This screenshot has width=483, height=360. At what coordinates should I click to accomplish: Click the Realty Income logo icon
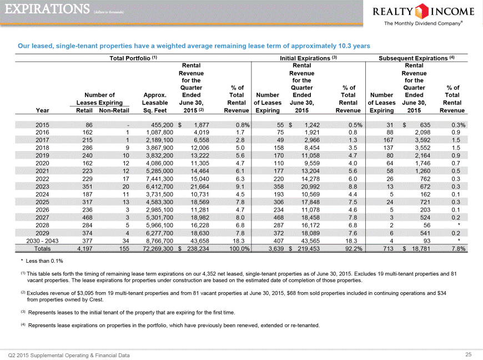click(422, 12)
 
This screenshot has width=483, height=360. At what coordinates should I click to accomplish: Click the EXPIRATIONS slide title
click(47, 9)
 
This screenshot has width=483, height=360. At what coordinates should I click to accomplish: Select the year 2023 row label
click(42, 187)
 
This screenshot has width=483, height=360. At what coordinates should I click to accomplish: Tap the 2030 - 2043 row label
click(42, 241)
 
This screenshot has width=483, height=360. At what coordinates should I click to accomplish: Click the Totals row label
click(42, 249)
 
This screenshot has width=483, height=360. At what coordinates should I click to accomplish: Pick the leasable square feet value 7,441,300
click(159, 179)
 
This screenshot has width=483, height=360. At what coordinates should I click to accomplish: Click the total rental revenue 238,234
click(198, 249)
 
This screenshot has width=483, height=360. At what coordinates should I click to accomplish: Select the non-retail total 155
click(124, 249)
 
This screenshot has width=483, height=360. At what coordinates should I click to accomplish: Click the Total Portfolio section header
click(133, 58)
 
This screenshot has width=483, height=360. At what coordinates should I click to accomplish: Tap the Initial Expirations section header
click(308, 58)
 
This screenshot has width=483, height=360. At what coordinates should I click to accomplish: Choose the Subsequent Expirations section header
click(416, 58)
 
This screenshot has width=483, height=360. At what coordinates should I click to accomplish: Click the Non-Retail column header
click(114, 111)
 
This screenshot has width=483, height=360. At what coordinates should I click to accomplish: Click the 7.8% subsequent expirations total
click(459, 249)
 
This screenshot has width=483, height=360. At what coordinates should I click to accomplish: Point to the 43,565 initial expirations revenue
click(310, 241)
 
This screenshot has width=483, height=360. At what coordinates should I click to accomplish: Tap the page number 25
click(468, 355)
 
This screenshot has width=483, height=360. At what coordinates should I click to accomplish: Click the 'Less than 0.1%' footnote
click(42, 261)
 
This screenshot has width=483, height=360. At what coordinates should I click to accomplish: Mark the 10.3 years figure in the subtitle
click(354, 46)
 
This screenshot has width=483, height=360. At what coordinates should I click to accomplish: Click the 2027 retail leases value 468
click(87, 218)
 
